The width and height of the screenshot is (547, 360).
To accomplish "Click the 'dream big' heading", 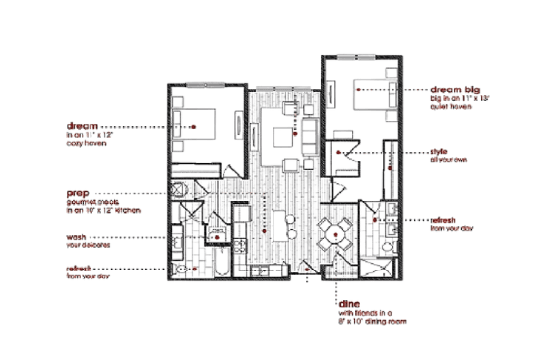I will pyautogui.click(x=454, y=89).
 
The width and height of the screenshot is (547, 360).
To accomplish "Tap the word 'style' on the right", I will pyautogui.click(x=438, y=152).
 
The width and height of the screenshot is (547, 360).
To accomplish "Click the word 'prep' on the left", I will pyautogui.click(x=78, y=192).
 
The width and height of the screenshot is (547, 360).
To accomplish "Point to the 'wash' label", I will pyautogui.click(x=77, y=237).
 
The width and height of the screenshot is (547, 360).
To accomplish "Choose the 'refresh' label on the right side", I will pyautogui.click(x=443, y=219).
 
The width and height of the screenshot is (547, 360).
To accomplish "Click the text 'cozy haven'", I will pyautogui.click(x=88, y=146).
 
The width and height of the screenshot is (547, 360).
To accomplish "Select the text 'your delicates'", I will pyautogui.click(x=90, y=246).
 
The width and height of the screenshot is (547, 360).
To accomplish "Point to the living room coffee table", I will pyautogui.click(x=282, y=136).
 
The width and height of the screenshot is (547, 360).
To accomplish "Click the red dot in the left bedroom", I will pyautogui.click(x=209, y=127).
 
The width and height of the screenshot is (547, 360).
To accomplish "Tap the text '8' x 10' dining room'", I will pyautogui.click(x=372, y=323).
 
